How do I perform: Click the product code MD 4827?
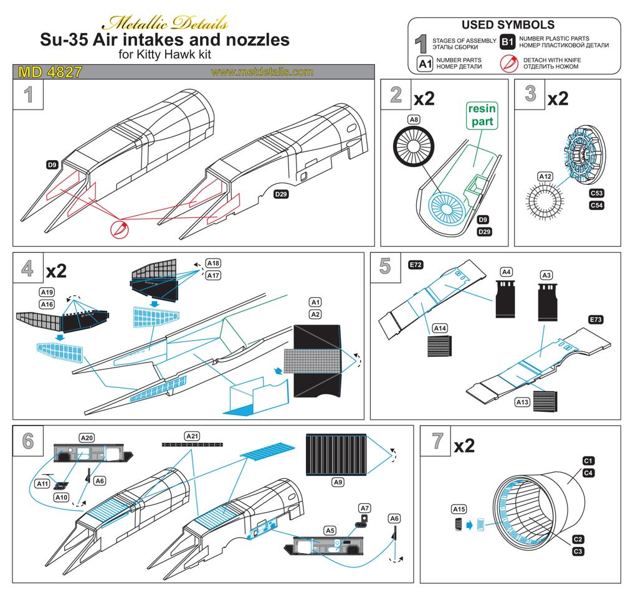(50, 72)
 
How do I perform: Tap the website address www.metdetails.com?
(262, 72)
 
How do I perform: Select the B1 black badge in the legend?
(507, 42)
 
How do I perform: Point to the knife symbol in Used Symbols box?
(509, 63)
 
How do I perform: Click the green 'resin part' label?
(481, 115)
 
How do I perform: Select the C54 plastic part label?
(597, 206)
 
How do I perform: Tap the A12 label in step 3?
(545, 176)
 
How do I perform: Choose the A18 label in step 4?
(213, 263)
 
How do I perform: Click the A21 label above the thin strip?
(193, 435)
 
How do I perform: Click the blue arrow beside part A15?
(469, 524)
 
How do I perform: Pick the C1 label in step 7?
(587, 460)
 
